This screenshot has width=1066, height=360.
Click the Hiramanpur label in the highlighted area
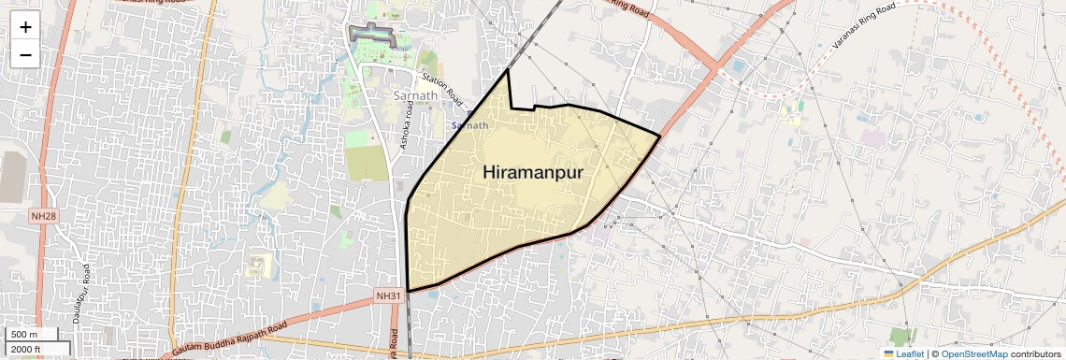532,173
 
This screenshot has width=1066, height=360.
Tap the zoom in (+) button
25,27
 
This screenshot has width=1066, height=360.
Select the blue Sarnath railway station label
469,125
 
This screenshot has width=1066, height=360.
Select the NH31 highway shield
388,295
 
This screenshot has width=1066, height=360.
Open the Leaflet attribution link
903,353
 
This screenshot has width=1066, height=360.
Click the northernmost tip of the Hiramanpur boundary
508,70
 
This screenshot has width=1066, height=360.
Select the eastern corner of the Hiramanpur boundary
660,137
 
